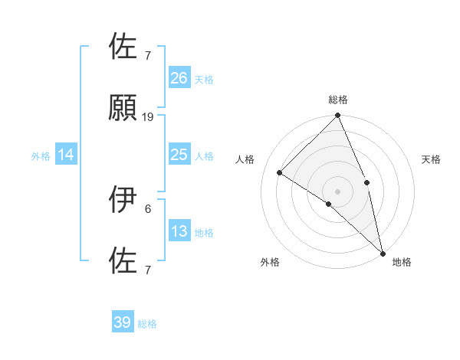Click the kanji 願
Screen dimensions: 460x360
click(123, 108)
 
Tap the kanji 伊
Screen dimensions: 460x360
click(123, 200)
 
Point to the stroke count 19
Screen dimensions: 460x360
click(148, 116)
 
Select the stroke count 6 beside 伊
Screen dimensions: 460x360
click(148, 208)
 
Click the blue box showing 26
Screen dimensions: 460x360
click(179, 77)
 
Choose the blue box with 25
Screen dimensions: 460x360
click(179, 155)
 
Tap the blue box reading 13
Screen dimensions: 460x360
click(179, 231)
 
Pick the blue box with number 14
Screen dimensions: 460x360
click(66, 155)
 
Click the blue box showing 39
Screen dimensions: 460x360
click(123, 322)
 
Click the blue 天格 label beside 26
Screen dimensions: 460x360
click(204, 79)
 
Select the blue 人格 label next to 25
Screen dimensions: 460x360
click(204, 156)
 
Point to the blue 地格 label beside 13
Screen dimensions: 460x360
click(204, 233)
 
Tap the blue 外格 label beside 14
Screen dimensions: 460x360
click(41, 156)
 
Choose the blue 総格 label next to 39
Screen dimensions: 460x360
click(148, 324)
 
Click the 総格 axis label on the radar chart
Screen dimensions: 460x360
click(338, 100)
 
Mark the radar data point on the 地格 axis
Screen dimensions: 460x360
click(383, 251)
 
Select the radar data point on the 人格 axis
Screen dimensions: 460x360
click(280, 172)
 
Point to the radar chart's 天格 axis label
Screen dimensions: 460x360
click(432, 159)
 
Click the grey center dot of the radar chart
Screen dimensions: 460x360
click(338, 191)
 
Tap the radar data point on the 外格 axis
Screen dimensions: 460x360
click(328, 204)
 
